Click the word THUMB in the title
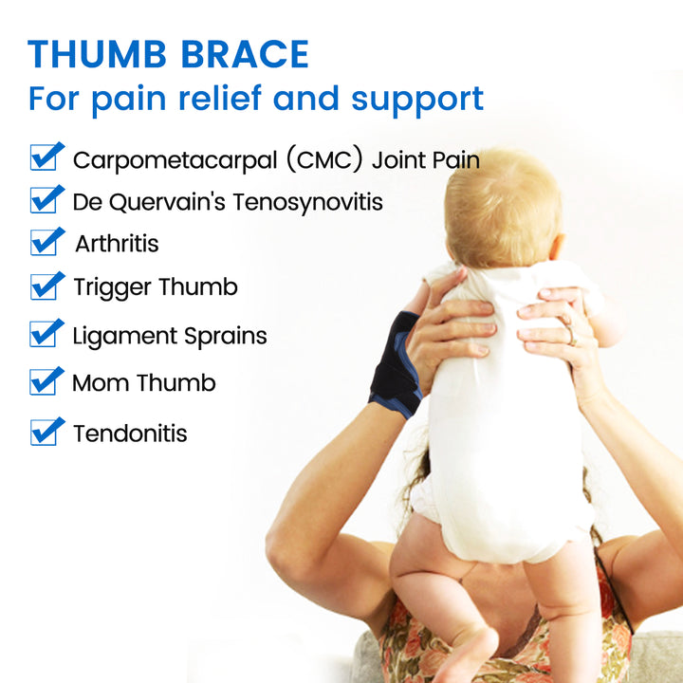coord(99,54)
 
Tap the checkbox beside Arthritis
coord(46,243)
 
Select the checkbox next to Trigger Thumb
coord(46,286)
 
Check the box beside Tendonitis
coord(46,433)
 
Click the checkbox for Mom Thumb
coord(46,382)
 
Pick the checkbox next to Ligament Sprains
coord(46,334)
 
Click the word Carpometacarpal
coord(167,159)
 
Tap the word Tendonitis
coord(130,434)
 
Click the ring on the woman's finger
coord(572,333)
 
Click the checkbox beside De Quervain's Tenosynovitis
coord(46,200)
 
